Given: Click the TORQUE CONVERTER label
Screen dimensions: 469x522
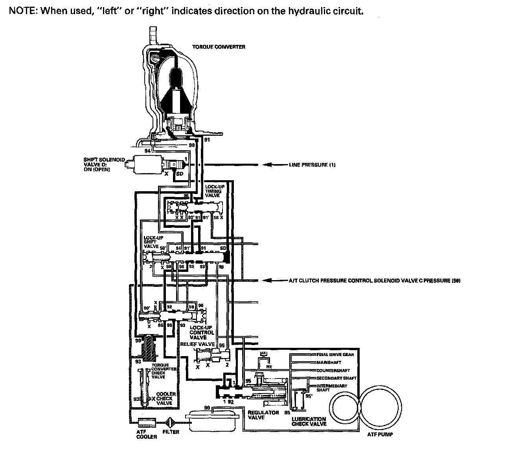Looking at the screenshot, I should (219, 47).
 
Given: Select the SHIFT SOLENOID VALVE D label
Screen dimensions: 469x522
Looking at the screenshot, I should (104, 164).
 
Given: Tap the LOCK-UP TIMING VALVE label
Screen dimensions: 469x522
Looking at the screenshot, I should (213, 190).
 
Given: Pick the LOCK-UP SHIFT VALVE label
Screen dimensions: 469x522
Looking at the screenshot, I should (151, 242).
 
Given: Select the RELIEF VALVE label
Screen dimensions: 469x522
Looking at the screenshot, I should (197, 344).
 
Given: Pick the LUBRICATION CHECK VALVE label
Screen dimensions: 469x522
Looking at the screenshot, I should (309, 421).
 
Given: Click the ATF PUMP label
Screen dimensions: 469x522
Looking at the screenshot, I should (380, 435).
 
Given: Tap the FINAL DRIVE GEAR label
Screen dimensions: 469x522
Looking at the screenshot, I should (335, 355).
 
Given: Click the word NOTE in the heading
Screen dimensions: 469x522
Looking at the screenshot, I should (21, 11).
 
